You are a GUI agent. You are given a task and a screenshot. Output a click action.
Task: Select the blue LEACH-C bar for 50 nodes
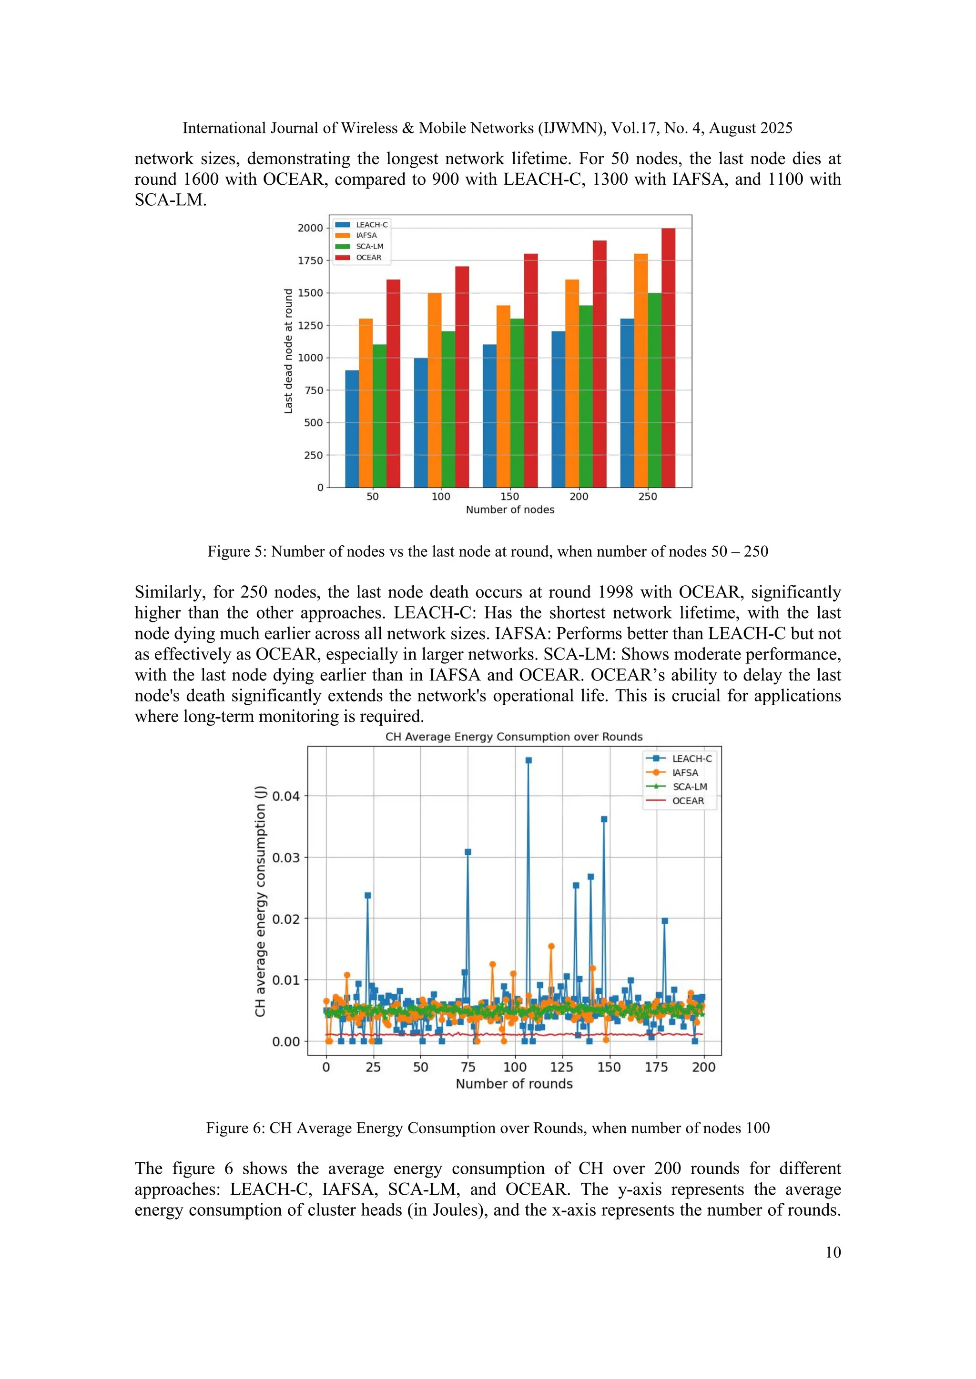click(x=352, y=430)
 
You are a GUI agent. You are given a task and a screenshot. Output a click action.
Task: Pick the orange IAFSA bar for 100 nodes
click(x=435, y=390)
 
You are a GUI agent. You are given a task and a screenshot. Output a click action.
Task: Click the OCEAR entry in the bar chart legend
click(x=368, y=258)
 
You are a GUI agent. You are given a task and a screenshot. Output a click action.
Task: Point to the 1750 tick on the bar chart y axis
click(x=311, y=260)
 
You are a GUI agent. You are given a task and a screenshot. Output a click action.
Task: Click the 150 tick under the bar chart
click(x=509, y=497)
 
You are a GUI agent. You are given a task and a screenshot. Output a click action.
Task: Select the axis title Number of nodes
click(x=509, y=510)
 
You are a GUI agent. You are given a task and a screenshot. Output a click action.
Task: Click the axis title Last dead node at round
click(x=288, y=351)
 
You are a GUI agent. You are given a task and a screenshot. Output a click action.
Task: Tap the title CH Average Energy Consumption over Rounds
click(x=514, y=737)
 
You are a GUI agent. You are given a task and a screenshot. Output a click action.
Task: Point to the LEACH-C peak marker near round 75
click(x=468, y=852)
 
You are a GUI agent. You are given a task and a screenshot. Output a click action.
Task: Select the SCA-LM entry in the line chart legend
click(x=689, y=787)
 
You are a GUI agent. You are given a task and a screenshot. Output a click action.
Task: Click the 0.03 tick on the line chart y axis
click(x=285, y=858)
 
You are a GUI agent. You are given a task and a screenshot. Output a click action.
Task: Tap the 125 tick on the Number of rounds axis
click(x=562, y=1067)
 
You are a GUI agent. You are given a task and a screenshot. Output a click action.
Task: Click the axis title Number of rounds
click(x=514, y=1084)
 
